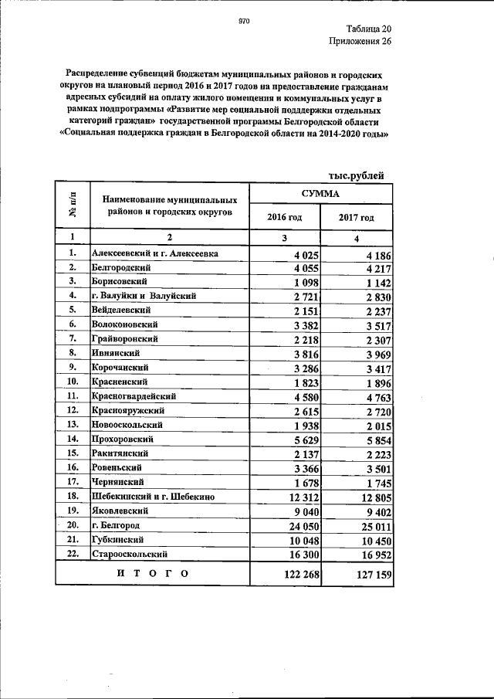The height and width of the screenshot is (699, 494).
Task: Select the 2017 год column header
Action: click(356, 218)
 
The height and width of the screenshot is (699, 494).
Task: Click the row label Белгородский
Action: click(123, 267)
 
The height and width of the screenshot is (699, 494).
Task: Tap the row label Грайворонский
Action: click(125, 338)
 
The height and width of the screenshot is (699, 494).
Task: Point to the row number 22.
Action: click(73, 553)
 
